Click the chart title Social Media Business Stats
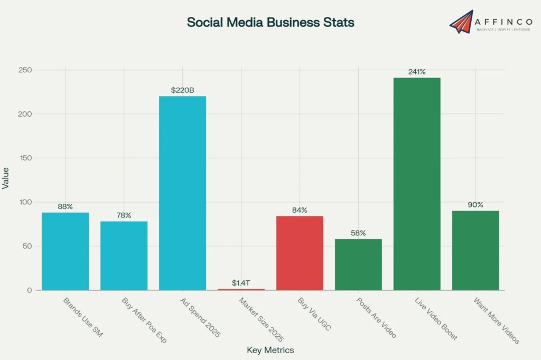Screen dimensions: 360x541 click(270, 23)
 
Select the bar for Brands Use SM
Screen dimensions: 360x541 click(66, 251)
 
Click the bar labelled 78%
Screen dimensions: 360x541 click(124, 255)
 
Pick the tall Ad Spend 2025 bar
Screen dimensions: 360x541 click(182, 193)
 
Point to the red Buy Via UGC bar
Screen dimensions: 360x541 click(300, 253)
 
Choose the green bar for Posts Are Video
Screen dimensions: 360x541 click(358, 264)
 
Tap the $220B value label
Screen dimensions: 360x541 click(182, 90)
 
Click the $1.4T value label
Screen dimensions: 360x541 click(241, 283)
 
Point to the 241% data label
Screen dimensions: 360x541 click(417, 72)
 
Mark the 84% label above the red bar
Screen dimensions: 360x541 click(300, 210)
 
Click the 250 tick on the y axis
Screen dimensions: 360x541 click(25, 70)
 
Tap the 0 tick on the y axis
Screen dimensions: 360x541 click(29, 290)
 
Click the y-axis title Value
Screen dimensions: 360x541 click(6, 178)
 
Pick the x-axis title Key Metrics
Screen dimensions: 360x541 click(270, 350)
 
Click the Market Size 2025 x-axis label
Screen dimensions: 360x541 click(261, 320)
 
